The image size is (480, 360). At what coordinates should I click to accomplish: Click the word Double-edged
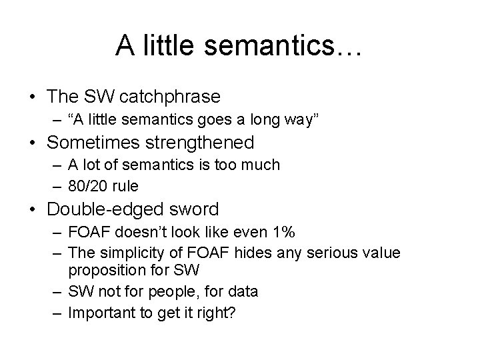103,209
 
